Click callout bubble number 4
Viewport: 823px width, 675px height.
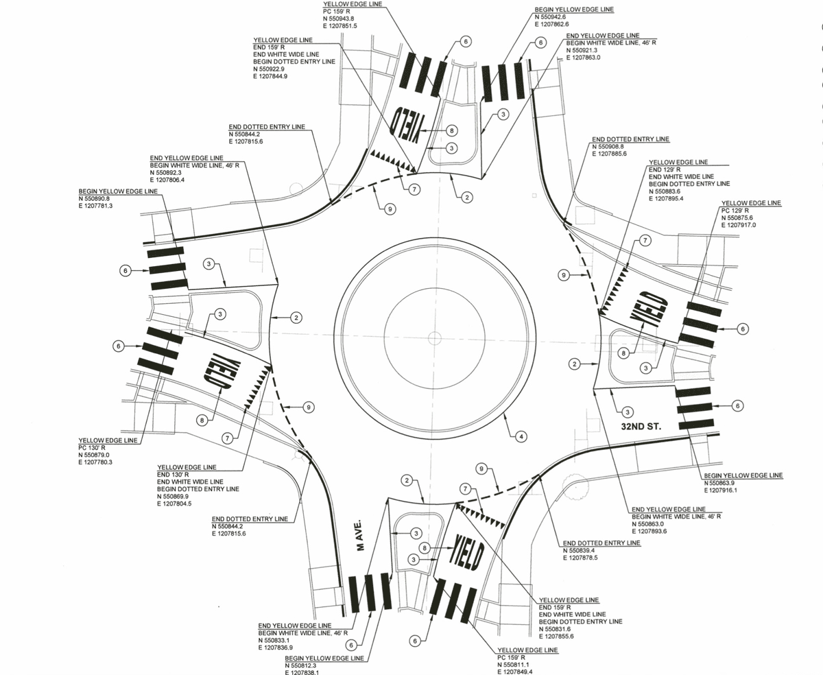[521, 436]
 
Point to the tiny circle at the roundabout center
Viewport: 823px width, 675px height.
[433, 337]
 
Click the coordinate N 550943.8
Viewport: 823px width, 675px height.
[338, 18]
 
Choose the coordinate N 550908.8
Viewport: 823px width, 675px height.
[612, 147]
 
